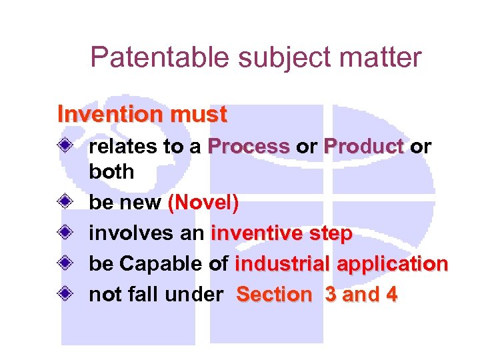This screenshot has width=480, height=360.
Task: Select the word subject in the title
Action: click(x=271, y=59)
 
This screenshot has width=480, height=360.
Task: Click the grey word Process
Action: click(x=248, y=147)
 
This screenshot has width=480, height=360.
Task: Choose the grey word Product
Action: click(x=364, y=147)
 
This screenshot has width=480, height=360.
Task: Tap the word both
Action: click(x=111, y=171)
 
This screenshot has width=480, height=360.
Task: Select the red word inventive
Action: click(x=257, y=234)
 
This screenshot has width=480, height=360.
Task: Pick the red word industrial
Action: click(x=283, y=264)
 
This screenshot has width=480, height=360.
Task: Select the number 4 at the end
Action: click(x=390, y=294)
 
